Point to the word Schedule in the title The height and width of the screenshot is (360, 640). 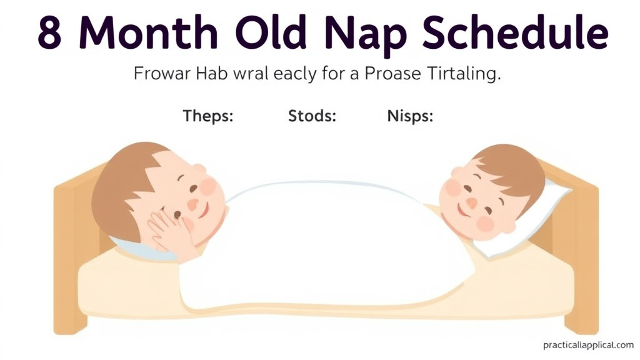tap(514, 34)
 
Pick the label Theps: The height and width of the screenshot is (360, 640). tap(208, 116)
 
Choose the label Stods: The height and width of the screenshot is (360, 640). tap(312, 116)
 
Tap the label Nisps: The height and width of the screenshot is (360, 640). tap(411, 116)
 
